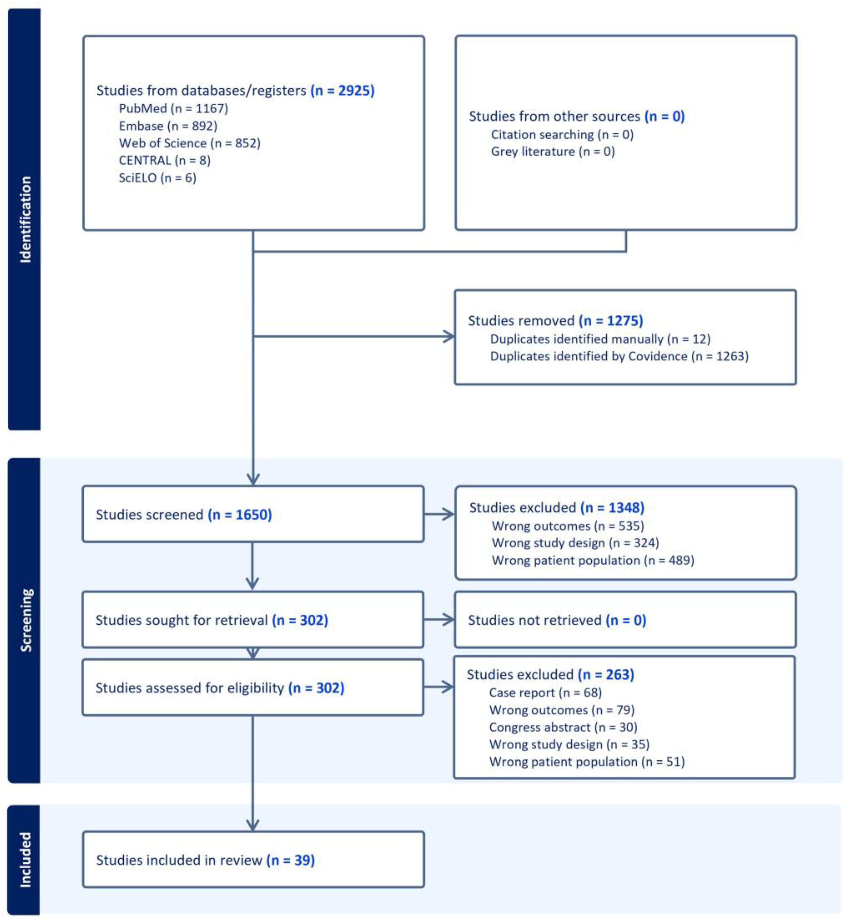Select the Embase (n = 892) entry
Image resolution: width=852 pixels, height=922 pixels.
click(x=168, y=126)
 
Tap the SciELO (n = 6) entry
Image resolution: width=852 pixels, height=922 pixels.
click(x=157, y=178)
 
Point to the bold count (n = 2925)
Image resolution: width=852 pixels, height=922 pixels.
click(x=342, y=90)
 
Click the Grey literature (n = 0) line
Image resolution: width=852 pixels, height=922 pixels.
click(x=552, y=152)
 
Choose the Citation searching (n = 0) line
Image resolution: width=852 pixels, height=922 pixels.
click(x=562, y=135)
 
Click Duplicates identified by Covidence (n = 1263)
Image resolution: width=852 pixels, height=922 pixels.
click(x=619, y=357)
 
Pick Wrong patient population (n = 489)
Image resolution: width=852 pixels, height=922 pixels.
click(x=592, y=560)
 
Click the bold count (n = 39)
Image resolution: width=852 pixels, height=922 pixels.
click(x=290, y=860)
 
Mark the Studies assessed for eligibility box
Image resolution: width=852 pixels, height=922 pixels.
click(x=253, y=688)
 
